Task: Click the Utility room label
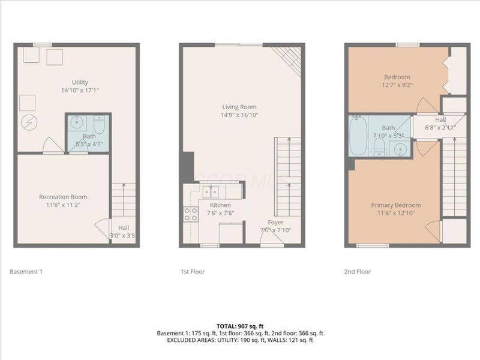79,82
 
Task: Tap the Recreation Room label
63,197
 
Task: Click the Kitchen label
204,205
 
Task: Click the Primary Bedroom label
395,205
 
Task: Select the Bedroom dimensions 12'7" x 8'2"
397,86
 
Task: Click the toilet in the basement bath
100,124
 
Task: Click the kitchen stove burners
191,214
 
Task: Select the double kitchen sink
210,191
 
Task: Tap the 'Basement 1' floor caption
26,272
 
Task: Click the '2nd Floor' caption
358,272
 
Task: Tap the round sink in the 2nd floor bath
398,149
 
